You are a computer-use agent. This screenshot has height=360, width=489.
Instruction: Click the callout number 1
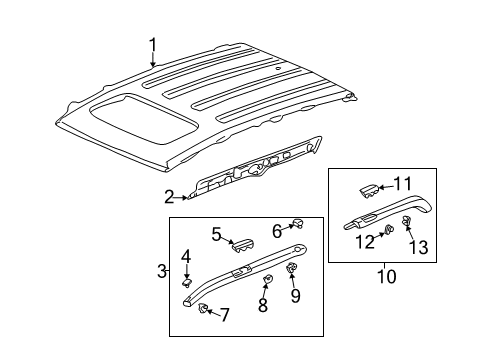coord(153,43)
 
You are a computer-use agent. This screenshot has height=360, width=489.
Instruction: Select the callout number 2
coord(169,196)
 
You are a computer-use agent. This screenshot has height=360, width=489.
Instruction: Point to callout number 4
coord(185,256)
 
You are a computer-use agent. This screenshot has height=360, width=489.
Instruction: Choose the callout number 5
coord(216,235)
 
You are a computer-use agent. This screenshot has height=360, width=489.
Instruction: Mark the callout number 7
coord(225,315)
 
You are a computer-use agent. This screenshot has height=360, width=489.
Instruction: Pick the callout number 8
coord(263,305)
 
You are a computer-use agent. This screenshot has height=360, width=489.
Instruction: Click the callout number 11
coord(403,183)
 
